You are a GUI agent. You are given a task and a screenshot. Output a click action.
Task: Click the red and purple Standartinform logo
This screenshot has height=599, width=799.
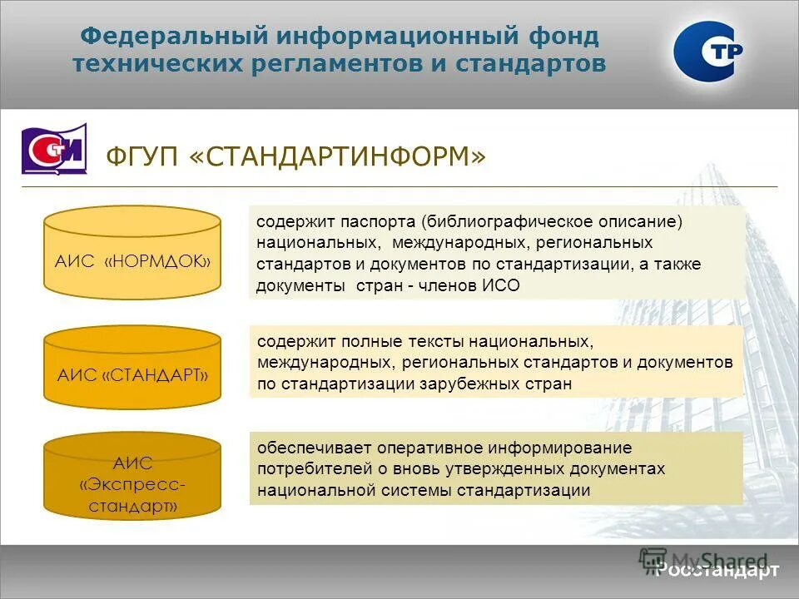[x=54, y=149]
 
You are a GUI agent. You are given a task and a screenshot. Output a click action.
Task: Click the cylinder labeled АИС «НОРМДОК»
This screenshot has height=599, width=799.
[x=132, y=253]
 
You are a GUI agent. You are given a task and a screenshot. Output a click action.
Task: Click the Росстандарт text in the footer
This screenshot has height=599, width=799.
[x=717, y=570]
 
